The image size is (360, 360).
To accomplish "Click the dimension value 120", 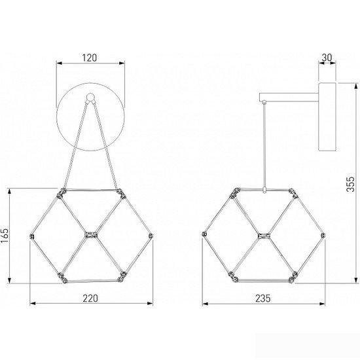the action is [x=90, y=58].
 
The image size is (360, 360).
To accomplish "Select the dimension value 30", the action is [x=327, y=58].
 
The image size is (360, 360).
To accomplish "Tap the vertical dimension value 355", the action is [x=350, y=184].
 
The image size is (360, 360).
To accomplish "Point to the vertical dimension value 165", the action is [x=5, y=236].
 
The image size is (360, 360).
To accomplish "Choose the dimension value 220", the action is [x=90, y=298].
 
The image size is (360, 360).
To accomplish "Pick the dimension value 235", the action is [x=263, y=298].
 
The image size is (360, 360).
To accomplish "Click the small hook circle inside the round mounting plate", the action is [x=90, y=97].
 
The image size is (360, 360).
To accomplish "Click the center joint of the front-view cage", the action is [x=91, y=234].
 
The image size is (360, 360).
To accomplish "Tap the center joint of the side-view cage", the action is [x=264, y=236].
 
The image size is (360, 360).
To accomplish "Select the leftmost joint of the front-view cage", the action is [x=32, y=236].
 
